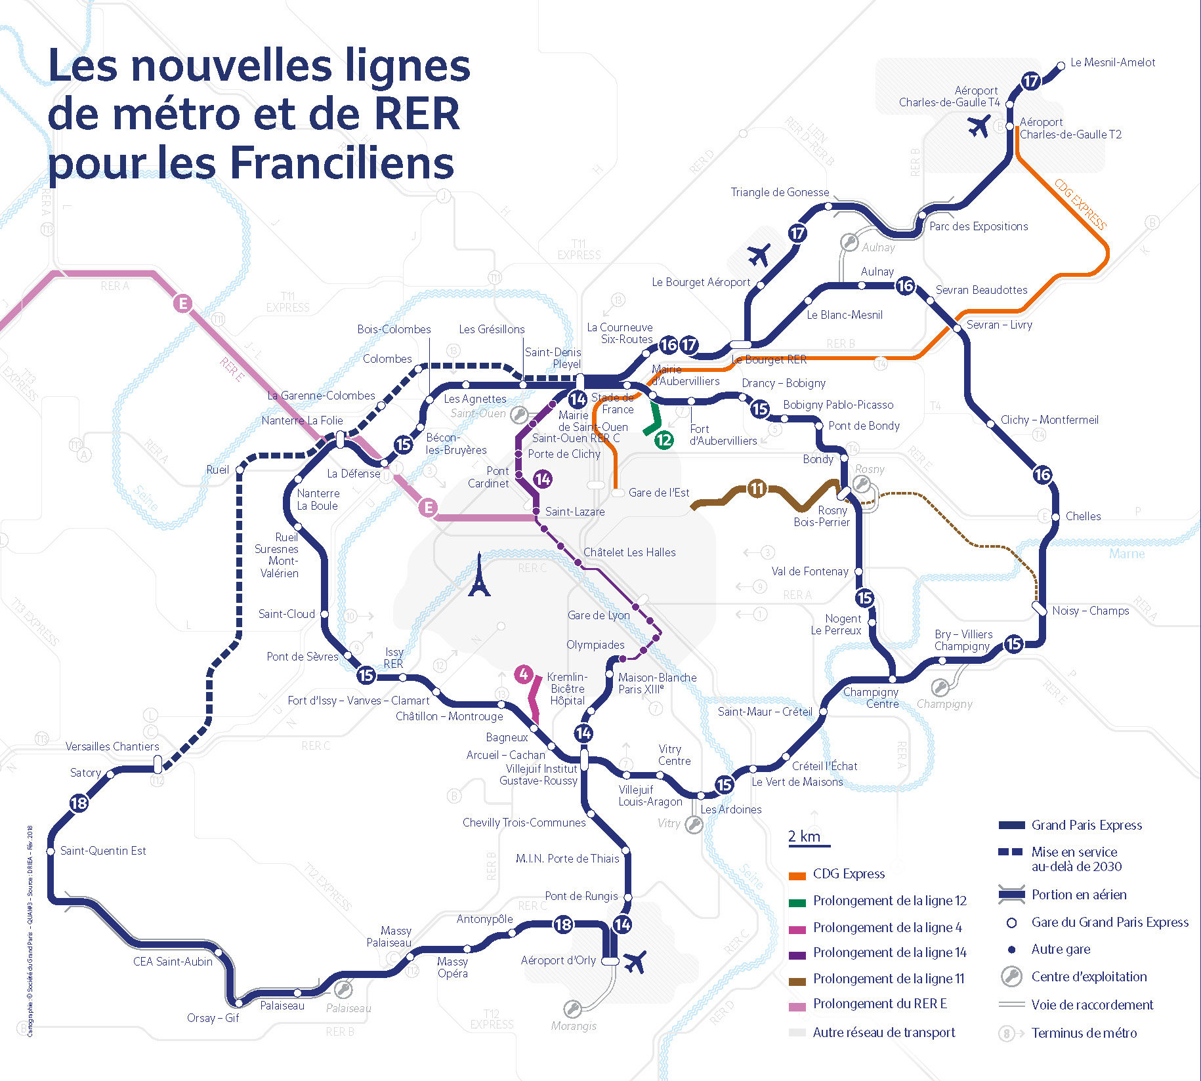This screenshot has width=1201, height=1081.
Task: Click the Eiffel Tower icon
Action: pos(479,575)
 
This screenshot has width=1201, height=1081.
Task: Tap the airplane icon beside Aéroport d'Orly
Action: pos(635,962)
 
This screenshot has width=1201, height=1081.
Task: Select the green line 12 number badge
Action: pos(664,439)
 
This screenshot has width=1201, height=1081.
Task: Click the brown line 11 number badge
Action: pos(757,488)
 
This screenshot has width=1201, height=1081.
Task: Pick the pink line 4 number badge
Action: pos(523,674)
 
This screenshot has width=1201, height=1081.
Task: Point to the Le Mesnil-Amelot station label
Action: pos(1112,62)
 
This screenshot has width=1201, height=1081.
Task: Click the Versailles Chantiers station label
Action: pos(112,746)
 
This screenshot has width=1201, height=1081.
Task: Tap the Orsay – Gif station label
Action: pos(213,1018)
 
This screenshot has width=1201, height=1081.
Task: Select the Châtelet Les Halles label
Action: pos(629,552)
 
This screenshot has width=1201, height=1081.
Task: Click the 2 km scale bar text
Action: pos(804,836)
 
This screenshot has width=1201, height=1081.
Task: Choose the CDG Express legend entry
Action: pos(848,874)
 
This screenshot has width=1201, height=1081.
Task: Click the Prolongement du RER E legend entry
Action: pos(879,1004)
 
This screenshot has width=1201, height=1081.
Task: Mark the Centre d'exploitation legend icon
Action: pos(1011,977)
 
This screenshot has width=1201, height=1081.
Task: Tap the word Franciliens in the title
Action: pos(342,162)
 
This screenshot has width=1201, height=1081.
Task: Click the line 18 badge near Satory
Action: pos(79,803)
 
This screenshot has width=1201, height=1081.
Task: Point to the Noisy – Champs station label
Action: pos(1090,611)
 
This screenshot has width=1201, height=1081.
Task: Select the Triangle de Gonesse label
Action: pos(780,192)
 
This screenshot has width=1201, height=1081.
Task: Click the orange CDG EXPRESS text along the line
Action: pos(1080,204)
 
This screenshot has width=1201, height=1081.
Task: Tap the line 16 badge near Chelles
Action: pos(1042,474)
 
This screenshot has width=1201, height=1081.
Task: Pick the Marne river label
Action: pos(1126,554)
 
